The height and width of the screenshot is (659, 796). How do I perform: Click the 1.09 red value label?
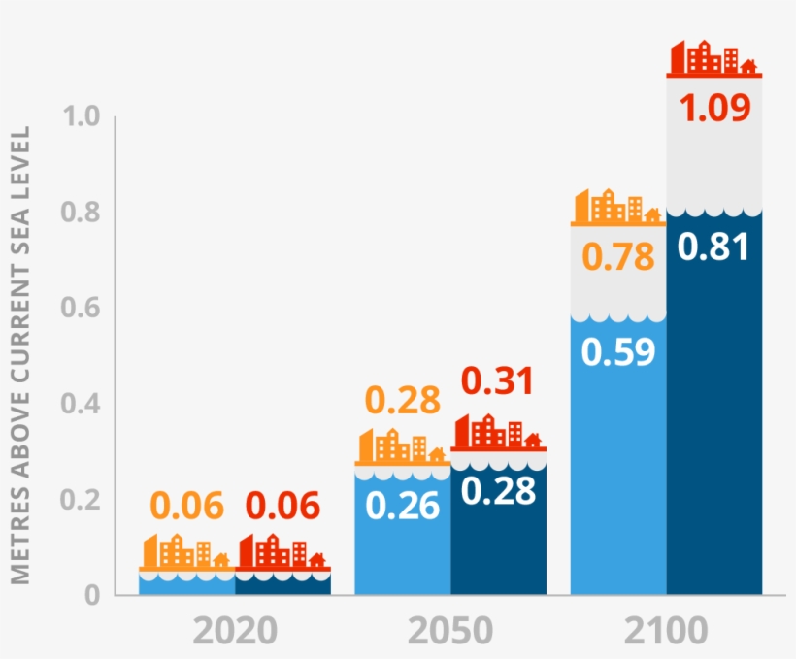[714, 108]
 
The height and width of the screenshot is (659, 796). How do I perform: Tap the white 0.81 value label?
[713, 247]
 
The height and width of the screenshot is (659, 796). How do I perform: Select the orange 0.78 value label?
[617, 257]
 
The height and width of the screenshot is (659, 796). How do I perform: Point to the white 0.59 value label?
[617, 351]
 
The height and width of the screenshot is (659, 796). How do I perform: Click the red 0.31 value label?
[497, 381]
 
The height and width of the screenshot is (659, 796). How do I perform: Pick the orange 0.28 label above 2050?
[402, 399]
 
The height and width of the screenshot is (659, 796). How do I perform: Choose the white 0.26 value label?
[402, 506]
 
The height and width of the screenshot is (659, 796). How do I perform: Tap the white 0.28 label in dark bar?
[498, 491]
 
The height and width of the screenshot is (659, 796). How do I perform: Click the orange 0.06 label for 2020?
[186, 505]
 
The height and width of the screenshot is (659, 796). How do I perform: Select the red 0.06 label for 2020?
[282, 505]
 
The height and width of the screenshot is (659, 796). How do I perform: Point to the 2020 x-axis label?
[234, 632]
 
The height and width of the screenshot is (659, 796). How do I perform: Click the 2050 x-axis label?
[449, 632]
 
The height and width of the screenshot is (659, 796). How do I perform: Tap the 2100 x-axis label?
[665, 632]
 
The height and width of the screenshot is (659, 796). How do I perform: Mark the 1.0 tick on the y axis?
[81, 117]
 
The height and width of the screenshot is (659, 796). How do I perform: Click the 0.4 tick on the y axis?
[81, 404]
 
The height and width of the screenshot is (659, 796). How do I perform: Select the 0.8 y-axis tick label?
[81, 213]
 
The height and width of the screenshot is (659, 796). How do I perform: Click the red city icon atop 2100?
[713, 58]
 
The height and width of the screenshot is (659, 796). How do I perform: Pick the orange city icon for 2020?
[186, 551]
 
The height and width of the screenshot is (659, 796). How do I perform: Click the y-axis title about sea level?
[21, 355]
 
